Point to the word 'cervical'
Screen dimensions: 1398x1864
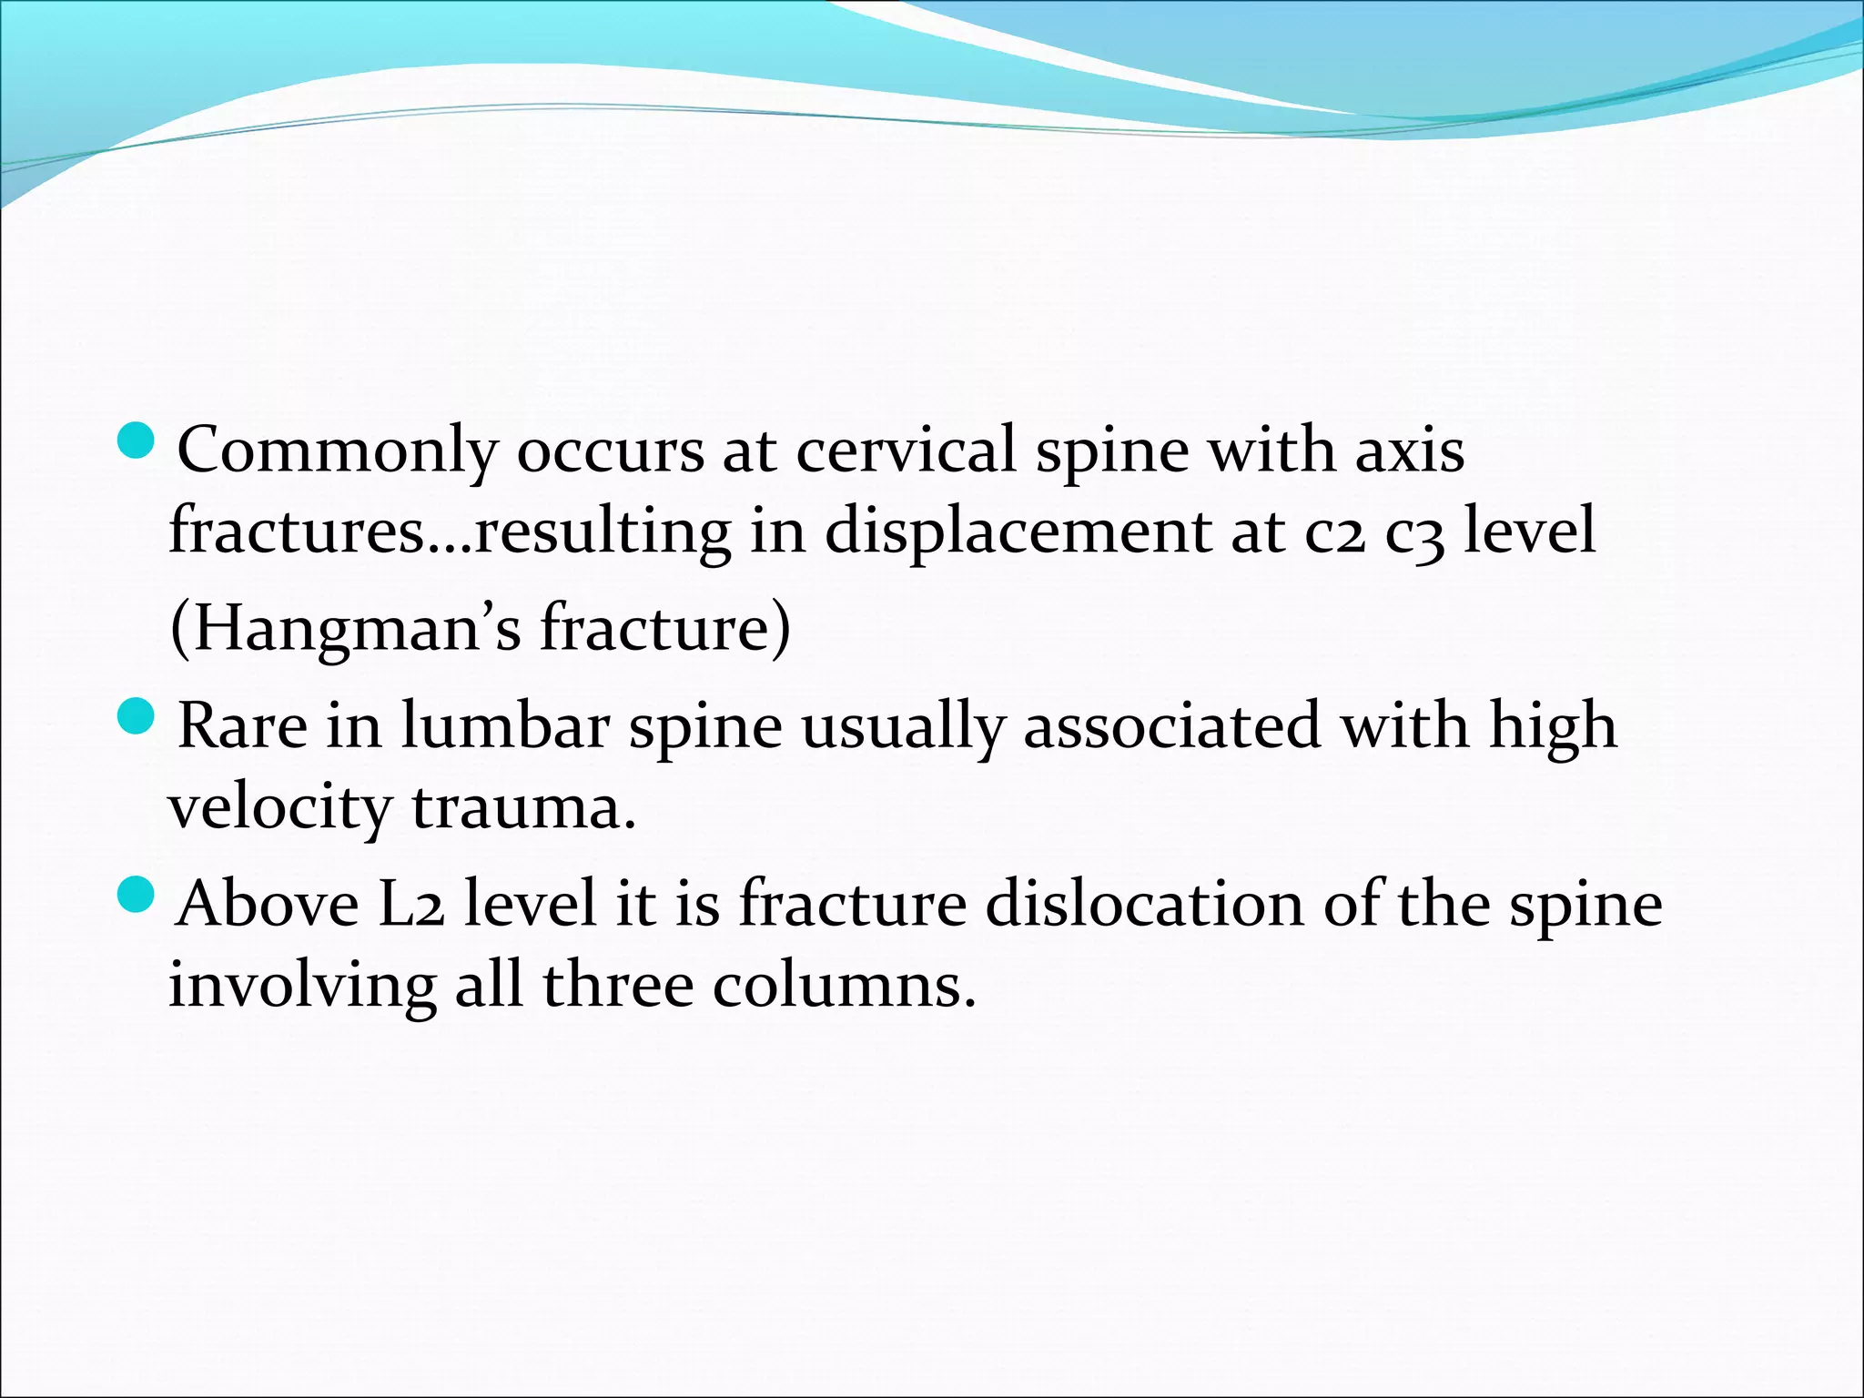coord(906,451)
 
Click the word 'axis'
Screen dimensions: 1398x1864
coord(1410,451)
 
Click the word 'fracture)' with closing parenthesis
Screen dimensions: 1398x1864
coord(665,628)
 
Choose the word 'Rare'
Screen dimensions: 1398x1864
coord(242,726)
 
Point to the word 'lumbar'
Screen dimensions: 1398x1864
coord(505,726)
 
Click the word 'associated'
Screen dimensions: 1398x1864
coord(1171,726)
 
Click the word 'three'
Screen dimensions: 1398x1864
coord(618,986)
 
